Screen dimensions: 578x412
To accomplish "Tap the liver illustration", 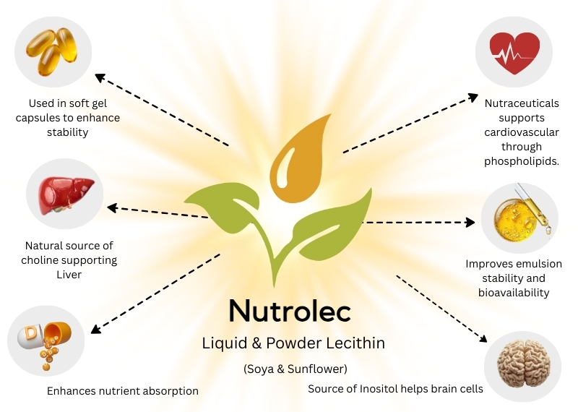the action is pyautogui.click(x=66, y=195).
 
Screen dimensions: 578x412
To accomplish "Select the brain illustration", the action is pyautogui.click(x=523, y=364).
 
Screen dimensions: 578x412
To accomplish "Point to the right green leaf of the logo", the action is pyautogui.click(x=332, y=225).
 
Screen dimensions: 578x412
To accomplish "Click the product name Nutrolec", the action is pyautogui.click(x=290, y=311).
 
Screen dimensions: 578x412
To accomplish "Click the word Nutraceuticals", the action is pyautogui.click(x=522, y=103).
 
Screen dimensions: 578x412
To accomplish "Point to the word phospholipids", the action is pyautogui.click(x=522, y=162).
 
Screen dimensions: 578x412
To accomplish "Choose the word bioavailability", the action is pyautogui.click(x=514, y=293).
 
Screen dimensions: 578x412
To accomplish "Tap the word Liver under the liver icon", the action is pyautogui.click(x=69, y=275).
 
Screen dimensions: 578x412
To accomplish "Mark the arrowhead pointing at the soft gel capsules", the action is pyautogui.click(x=100, y=77).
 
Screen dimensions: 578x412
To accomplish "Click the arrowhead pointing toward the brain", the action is pyautogui.click(x=483, y=338).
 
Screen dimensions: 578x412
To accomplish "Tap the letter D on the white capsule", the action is pyautogui.click(x=30, y=332).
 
